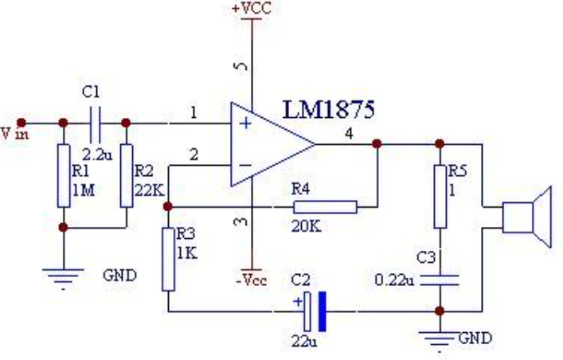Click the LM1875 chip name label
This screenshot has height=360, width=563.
329,110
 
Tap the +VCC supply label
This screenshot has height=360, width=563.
252,8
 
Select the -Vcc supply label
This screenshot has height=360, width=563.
252,280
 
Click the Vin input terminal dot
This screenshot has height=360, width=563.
22,123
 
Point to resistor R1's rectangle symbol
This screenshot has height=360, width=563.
64,176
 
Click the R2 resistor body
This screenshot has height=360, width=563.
127,176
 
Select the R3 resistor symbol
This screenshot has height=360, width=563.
168,259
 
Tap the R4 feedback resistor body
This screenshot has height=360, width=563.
326,207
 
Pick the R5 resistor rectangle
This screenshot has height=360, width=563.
440,197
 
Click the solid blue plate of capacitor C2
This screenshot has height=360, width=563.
323,311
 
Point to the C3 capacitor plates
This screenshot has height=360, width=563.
440,280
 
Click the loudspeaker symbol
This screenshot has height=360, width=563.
526,217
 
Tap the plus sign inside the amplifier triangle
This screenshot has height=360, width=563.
245,123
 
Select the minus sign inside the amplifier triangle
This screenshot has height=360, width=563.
245,165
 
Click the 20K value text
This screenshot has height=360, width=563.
306,226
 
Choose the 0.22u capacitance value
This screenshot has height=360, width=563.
394,280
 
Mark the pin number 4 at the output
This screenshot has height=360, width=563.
349,134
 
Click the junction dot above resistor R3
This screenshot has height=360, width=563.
168,206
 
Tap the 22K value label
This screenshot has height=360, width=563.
150,190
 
